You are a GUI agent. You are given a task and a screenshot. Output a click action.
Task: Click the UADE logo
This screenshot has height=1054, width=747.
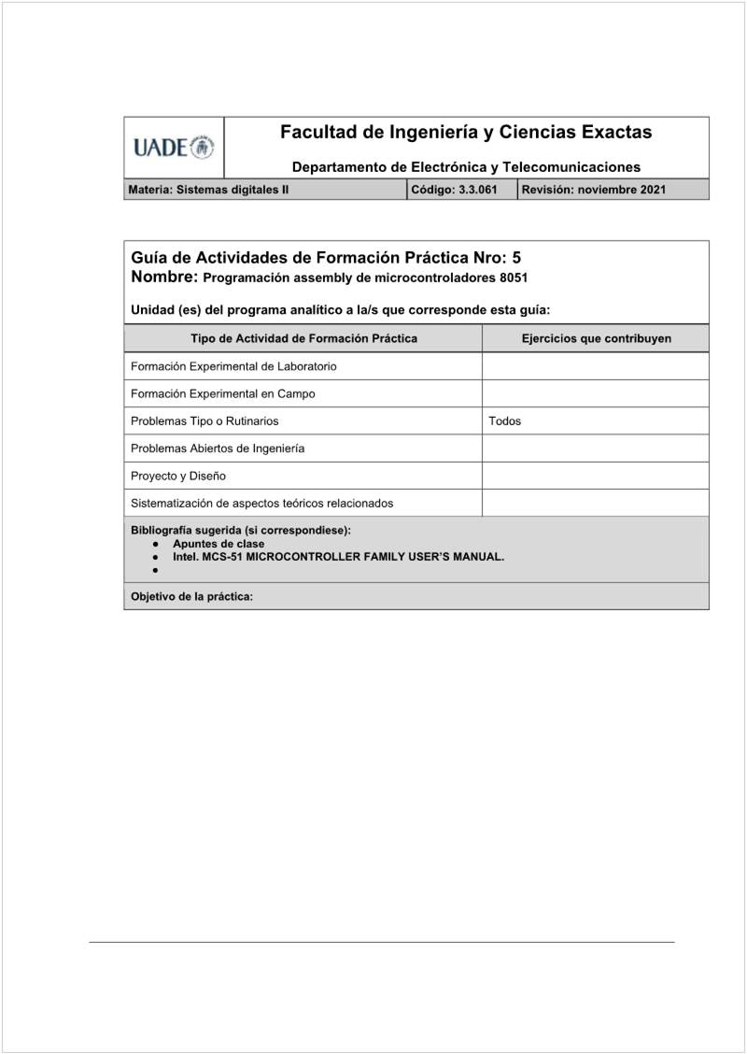click(x=174, y=147)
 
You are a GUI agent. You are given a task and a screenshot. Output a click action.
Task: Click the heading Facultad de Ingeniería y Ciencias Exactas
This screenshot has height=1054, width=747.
click(x=466, y=133)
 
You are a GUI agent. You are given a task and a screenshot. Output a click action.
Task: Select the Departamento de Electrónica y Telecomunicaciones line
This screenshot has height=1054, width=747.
click(x=466, y=167)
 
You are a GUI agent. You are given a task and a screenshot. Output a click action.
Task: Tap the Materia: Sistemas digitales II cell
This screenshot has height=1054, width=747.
click(x=208, y=190)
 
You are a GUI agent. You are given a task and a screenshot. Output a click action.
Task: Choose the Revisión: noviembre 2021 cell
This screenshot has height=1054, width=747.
click(x=594, y=190)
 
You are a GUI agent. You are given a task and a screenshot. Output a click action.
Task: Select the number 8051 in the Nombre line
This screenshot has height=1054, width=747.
click(x=514, y=278)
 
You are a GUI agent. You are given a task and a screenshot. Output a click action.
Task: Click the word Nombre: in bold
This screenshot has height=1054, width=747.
click(x=164, y=278)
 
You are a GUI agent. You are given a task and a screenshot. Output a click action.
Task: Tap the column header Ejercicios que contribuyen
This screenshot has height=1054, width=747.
click(x=596, y=338)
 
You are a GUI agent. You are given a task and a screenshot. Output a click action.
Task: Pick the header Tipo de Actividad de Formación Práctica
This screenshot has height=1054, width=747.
click(x=303, y=338)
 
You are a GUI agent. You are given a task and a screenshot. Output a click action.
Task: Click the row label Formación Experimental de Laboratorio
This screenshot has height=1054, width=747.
click(x=233, y=366)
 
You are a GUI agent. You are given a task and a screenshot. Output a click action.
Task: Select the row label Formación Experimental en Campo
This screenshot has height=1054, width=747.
click(x=222, y=393)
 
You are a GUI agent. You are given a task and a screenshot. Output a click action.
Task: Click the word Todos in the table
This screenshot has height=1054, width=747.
click(x=504, y=421)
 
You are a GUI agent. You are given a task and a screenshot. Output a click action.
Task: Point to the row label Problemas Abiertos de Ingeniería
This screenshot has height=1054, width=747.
click(x=218, y=449)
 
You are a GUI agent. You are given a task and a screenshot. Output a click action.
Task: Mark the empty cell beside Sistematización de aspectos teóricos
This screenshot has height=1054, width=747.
click(x=595, y=503)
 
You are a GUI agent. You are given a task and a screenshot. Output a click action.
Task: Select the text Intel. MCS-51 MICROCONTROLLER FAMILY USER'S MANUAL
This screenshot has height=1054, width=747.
click(x=338, y=556)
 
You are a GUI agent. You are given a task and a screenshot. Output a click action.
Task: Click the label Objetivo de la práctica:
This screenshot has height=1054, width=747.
click(x=191, y=596)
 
